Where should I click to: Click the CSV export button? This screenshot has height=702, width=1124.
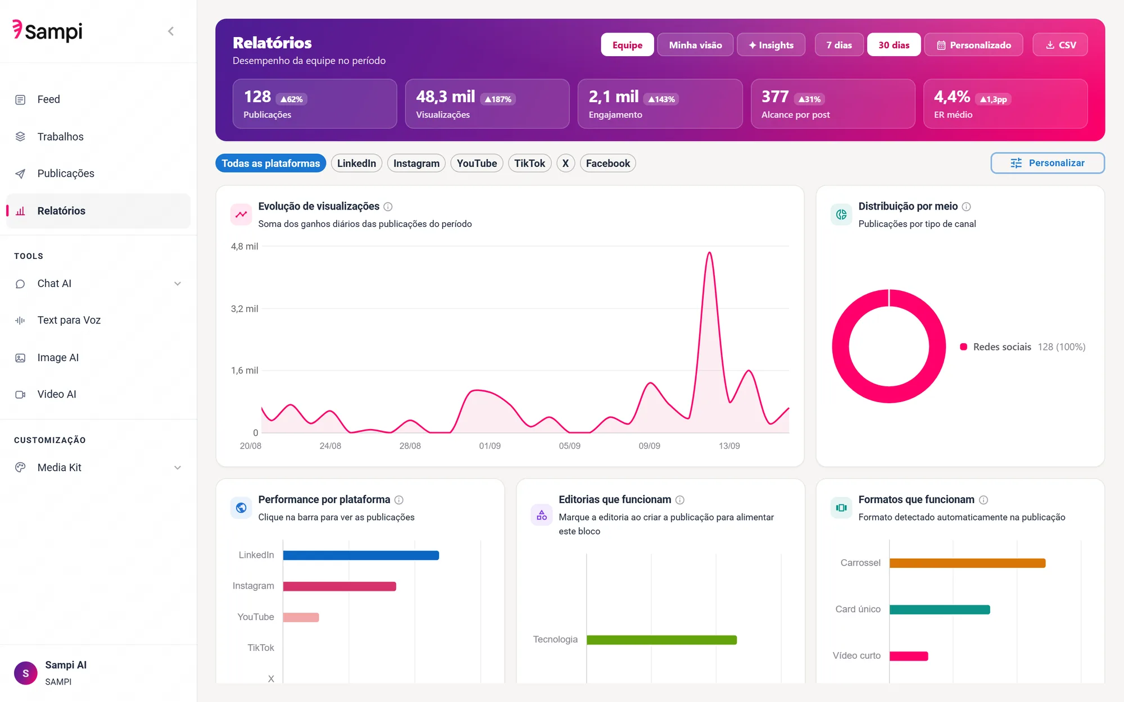pos(1060,45)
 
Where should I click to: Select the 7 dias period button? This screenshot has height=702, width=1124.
pos(839,45)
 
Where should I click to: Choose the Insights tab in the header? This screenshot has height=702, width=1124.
pos(771,45)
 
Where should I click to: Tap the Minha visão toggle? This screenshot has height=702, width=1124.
pos(695,45)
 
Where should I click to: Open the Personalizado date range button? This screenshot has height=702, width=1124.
pos(973,45)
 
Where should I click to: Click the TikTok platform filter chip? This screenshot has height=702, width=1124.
pos(529,163)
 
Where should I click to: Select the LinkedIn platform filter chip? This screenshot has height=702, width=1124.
pos(356,163)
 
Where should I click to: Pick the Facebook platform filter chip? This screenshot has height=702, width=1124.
pos(608,163)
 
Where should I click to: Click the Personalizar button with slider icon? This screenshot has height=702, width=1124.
pos(1048,163)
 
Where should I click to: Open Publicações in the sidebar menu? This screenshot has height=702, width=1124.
pos(66,174)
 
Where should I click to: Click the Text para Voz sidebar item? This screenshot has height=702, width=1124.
pos(69,320)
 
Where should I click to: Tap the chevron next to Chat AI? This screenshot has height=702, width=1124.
pos(178,284)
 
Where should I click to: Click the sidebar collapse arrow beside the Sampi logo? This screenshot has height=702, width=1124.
pos(171,31)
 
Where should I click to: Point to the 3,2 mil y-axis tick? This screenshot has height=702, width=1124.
pos(244,309)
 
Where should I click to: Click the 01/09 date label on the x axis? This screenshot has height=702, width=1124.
pos(490,446)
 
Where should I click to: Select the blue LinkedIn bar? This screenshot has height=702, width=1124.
pos(361,555)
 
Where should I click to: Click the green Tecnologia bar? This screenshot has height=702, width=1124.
pos(661,640)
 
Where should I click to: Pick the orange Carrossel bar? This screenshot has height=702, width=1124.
pos(967,563)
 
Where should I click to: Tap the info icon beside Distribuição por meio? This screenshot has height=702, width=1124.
pos(966,207)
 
